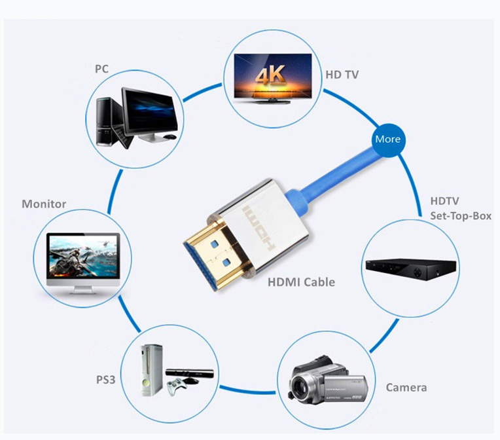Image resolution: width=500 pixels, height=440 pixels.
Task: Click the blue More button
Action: (388, 140)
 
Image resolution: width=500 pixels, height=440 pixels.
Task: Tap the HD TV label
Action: (342, 75)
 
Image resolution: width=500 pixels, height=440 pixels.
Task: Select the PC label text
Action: (101, 69)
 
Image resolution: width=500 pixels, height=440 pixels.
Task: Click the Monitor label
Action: (44, 204)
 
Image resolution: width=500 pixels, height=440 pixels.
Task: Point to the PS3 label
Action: (105, 380)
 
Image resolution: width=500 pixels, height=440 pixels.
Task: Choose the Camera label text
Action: (406, 388)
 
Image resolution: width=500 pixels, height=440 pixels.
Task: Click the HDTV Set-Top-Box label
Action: (461, 208)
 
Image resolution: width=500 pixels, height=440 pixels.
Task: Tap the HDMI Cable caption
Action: (301, 282)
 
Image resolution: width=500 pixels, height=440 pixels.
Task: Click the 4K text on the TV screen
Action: (270, 75)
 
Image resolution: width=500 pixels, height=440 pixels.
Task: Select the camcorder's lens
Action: (300, 387)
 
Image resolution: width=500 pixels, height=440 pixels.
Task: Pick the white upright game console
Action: (151, 370)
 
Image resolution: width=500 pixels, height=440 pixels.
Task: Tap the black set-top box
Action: (411, 268)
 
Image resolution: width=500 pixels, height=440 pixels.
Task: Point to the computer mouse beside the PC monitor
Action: (170, 137)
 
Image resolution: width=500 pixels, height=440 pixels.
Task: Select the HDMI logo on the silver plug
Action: (259, 228)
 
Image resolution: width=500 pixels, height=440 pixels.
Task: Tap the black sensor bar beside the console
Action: (189, 374)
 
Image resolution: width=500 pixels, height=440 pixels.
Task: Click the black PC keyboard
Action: (122, 136)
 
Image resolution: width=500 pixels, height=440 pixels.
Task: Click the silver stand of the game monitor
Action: (83, 290)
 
